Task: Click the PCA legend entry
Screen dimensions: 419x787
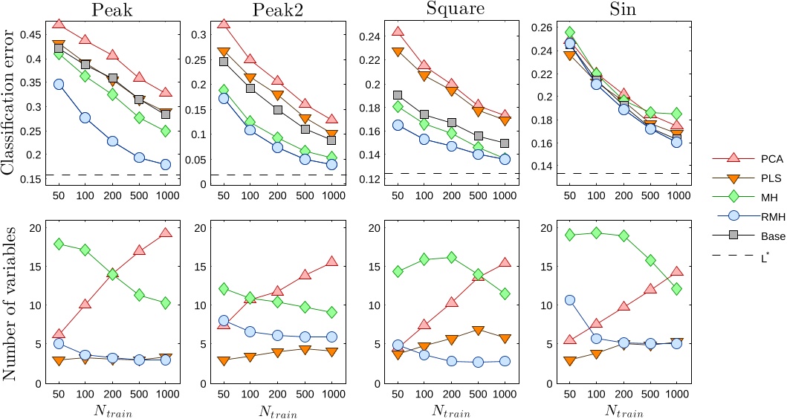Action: [759, 157]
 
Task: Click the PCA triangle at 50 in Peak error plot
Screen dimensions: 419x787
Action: [59, 25]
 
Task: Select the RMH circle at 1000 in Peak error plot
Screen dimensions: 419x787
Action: [165, 164]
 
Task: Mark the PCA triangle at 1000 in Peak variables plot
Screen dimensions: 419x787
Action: [165, 254]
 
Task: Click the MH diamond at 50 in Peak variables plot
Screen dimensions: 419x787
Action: [59, 265]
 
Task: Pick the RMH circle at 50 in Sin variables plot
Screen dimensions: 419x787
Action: [570, 300]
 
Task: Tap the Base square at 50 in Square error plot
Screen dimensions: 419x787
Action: [398, 96]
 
